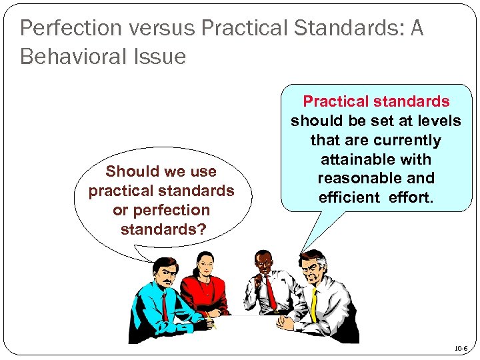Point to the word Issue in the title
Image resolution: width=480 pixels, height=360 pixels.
coord(165,57)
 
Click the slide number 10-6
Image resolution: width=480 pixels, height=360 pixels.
coord(461,349)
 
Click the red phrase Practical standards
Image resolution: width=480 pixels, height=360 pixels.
coord(376,102)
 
